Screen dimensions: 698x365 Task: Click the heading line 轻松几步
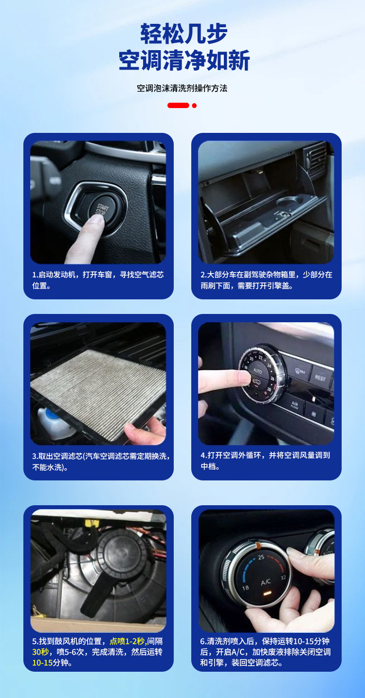(183, 34)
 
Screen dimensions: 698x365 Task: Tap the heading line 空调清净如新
(183, 61)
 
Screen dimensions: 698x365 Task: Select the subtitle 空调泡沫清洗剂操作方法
(182, 88)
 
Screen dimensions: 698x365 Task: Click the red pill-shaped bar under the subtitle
(178, 105)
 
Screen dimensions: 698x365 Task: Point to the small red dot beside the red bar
(194, 105)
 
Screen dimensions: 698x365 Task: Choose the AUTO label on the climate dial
(257, 371)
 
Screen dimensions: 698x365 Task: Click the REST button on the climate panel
(320, 378)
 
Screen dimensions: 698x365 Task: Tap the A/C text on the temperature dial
(266, 582)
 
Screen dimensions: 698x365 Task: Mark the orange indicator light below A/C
(266, 594)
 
